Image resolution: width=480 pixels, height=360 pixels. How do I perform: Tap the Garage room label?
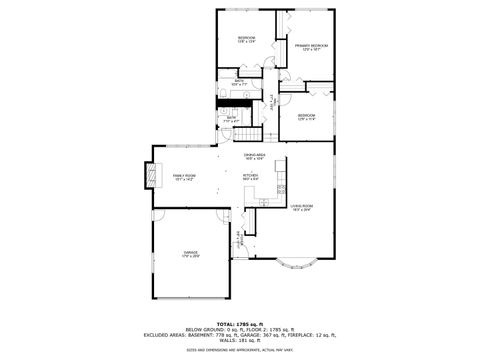[x=190, y=253]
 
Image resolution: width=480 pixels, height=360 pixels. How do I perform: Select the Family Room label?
[x=184, y=176]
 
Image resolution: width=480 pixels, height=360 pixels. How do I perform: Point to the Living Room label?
[x=302, y=207]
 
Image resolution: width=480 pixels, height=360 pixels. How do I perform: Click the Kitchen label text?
[x=250, y=176]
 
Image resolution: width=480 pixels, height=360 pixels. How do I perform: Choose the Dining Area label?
[x=255, y=155]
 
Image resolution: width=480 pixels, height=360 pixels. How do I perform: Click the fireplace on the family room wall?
[x=153, y=177]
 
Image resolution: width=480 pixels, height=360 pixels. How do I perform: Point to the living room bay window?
[x=295, y=263]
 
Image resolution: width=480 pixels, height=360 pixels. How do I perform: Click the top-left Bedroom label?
[x=246, y=38]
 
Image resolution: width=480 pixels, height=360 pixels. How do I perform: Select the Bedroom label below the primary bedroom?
[x=306, y=117]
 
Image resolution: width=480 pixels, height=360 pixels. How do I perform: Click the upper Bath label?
[x=239, y=82]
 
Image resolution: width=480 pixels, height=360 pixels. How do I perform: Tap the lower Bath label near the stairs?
[x=230, y=118]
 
